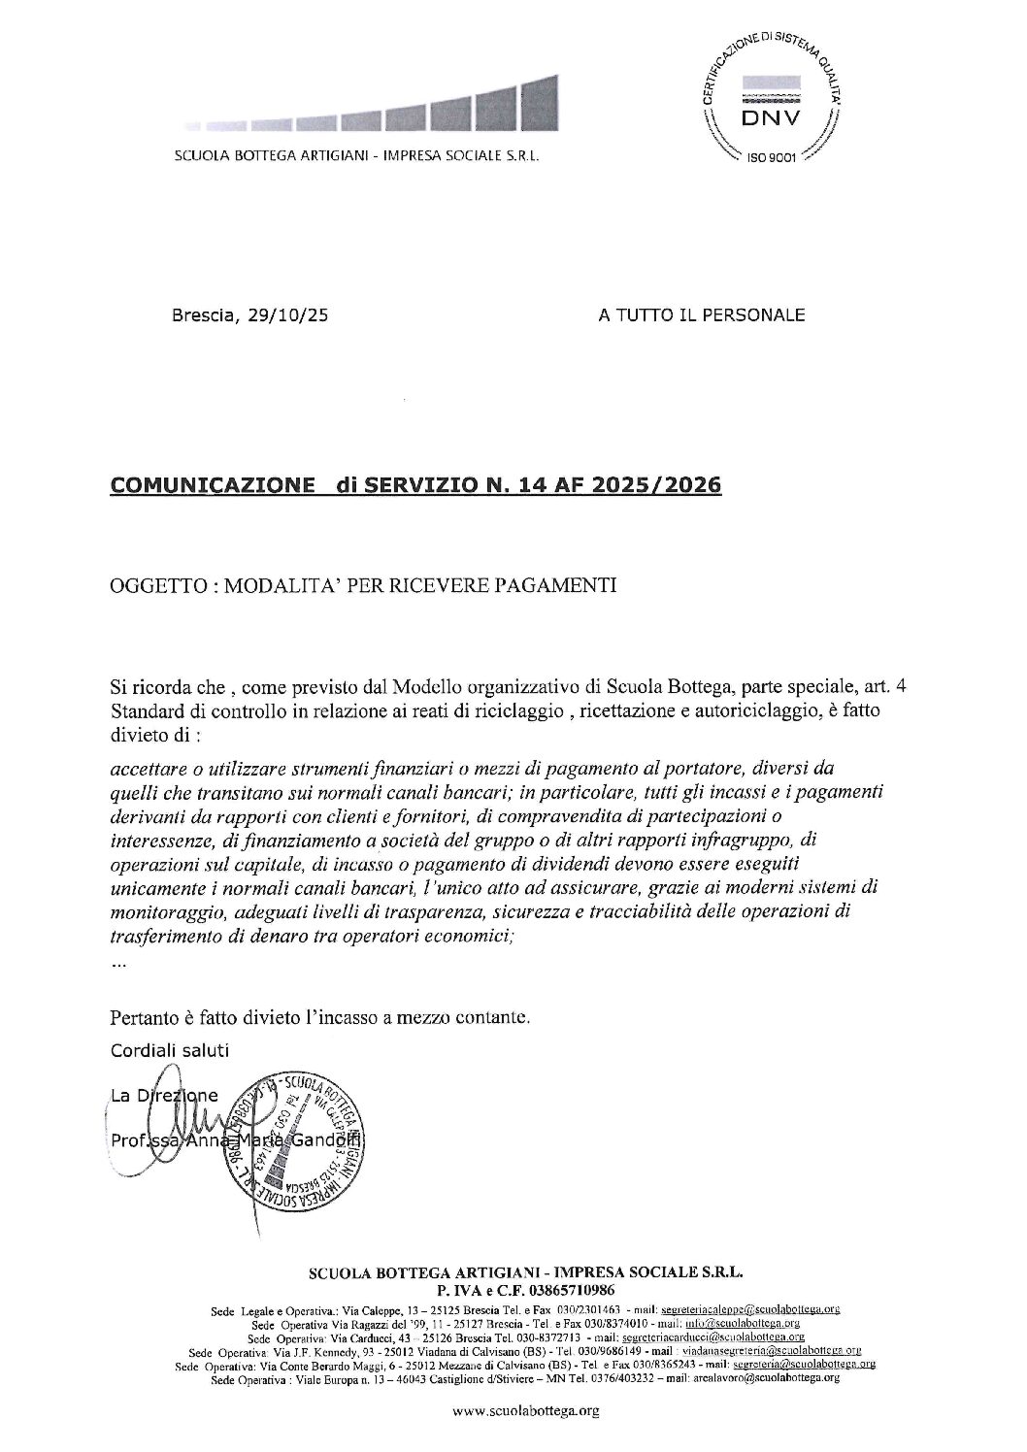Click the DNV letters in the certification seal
pyautogui.click(x=766, y=118)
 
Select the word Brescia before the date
pyautogui.click(x=200, y=314)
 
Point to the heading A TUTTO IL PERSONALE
pyautogui.click(x=702, y=314)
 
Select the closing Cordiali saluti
pyautogui.click(x=170, y=1049)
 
